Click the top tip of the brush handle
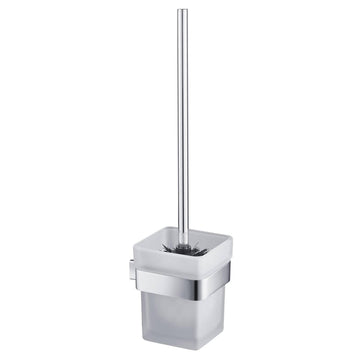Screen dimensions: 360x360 point(182,11)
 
